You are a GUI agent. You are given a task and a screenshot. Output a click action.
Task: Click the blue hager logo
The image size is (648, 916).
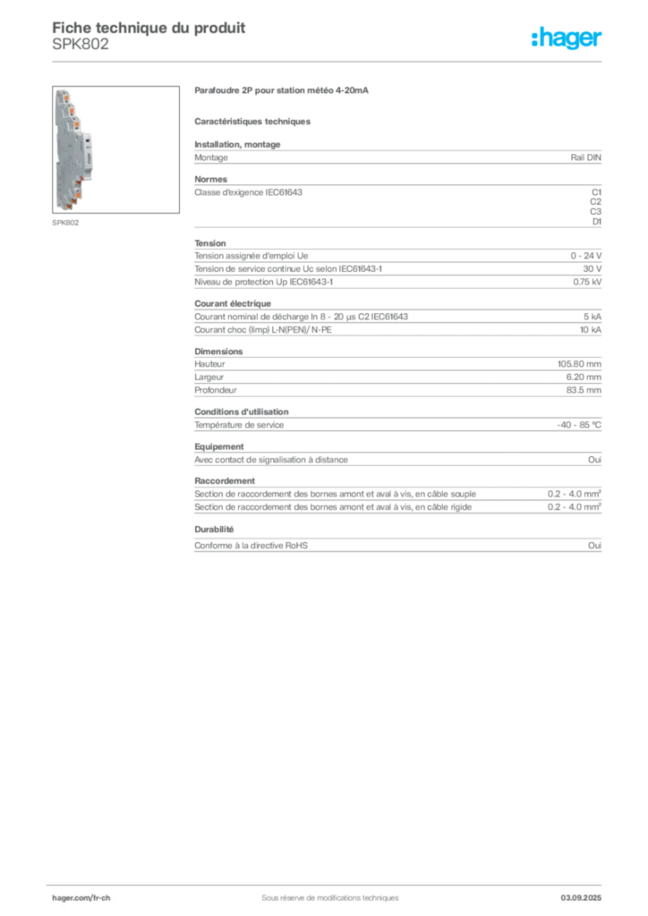(568, 38)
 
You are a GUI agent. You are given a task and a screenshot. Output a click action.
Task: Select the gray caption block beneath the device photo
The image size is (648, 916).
(67, 223)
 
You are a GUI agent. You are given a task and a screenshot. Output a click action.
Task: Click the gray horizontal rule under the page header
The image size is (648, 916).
(329, 61)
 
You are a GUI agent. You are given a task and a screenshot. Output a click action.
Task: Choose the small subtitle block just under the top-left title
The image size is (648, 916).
(81, 50)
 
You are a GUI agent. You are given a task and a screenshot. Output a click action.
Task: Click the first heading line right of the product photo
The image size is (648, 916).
(281, 92)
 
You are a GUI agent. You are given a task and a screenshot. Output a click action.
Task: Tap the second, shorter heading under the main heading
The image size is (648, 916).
(254, 121)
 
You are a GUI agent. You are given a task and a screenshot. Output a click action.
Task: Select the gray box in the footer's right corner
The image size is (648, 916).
(586, 891)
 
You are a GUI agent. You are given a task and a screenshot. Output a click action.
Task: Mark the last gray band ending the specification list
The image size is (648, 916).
(396, 547)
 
